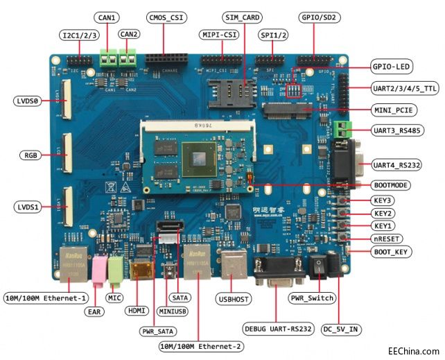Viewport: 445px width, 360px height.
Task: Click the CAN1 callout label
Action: [106, 17]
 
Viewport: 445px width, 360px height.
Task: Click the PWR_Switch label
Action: [313, 298]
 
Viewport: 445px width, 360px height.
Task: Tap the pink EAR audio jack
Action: [98, 269]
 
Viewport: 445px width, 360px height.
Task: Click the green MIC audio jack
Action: [114, 269]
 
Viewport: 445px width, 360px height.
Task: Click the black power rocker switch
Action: [317, 266]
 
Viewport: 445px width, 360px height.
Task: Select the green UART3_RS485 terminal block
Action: [340, 129]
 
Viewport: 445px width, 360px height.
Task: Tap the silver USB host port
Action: [232, 267]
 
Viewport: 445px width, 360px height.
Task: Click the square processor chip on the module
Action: [200, 159]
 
